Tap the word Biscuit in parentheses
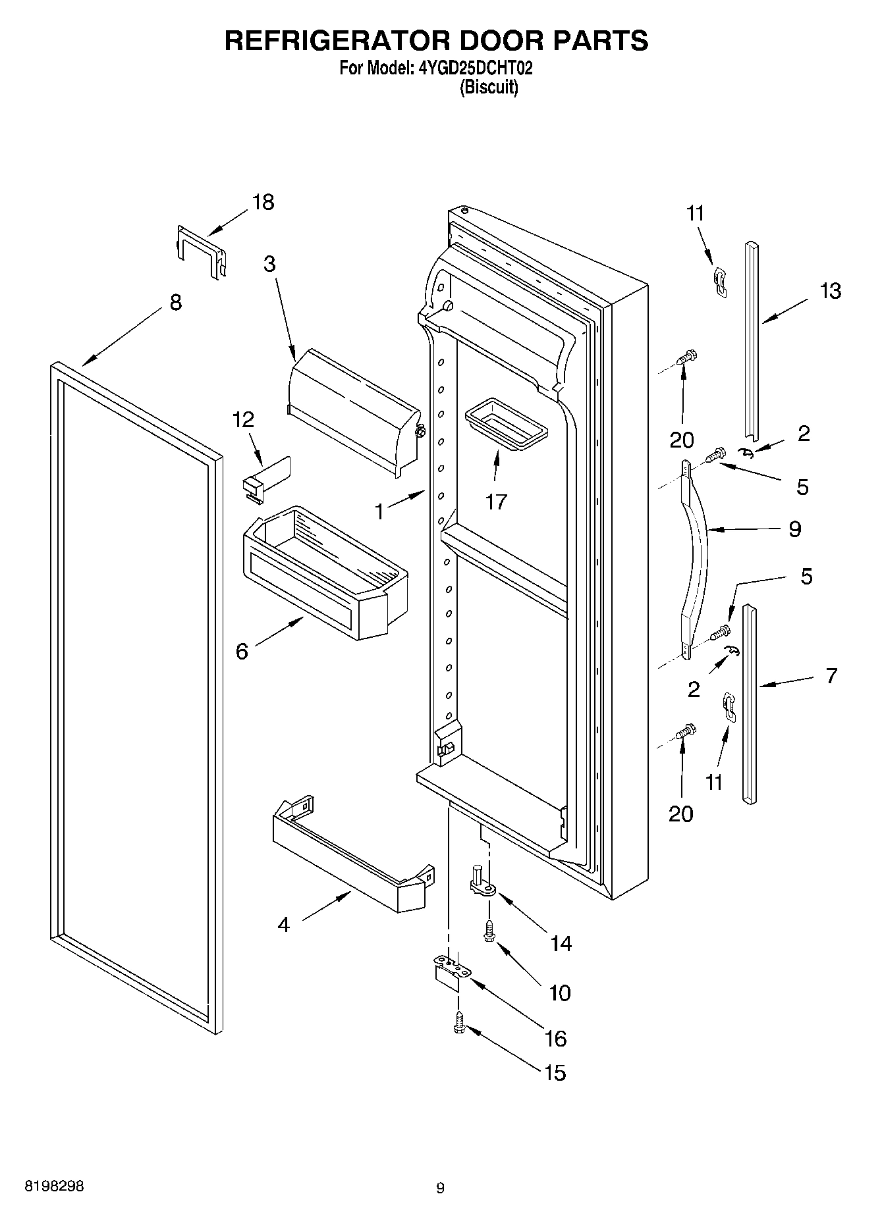coord(488,87)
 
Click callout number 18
coord(263,202)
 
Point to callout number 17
coord(496,502)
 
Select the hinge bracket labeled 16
coord(453,972)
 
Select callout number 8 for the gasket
coord(175,303)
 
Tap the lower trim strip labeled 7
coord(749,704)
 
